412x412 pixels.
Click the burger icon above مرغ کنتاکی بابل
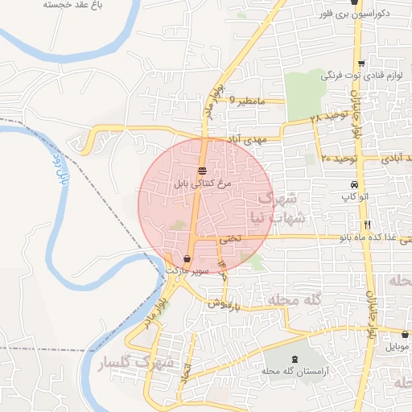(x=201, y=170)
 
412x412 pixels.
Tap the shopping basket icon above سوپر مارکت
(x=187, y=259)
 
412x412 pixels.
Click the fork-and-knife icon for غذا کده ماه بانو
(x=367, y=225)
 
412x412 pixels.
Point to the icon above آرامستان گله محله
(x=292, y=357)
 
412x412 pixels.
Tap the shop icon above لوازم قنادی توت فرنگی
(x=361, y=64)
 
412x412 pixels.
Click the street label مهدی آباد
(x=247, y=139)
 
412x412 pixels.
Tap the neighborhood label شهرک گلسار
(x=135, y=364)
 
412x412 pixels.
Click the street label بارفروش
(x=225, y=303)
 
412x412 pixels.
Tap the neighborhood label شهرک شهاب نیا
(x=283, y=208)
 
